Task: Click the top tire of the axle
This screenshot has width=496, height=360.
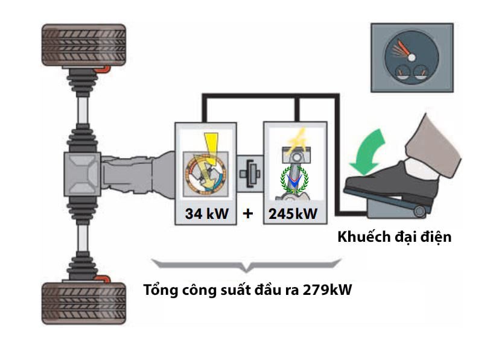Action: pos(83,45)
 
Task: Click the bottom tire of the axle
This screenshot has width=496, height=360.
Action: pos(83,303)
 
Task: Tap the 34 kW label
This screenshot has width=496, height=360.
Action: pos(205,213)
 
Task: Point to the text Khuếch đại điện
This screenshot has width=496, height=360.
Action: pos(395,236)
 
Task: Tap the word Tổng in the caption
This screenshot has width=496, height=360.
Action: pos(159,289)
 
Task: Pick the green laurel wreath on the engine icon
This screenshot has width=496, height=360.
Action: pos(295,178)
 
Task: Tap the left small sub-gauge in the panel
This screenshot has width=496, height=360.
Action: pos(401,75)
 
